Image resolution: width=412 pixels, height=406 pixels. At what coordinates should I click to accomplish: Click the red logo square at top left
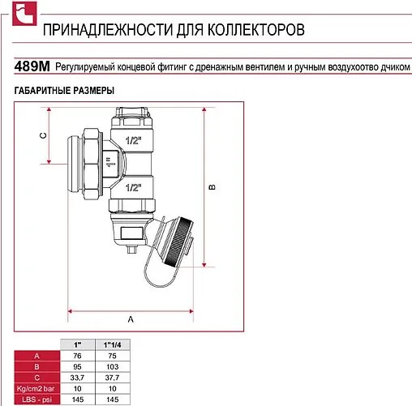[24, 14]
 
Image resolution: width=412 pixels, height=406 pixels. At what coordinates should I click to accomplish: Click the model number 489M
[32, 66]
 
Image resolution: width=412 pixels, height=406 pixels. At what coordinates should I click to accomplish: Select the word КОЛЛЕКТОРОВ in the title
[256, 30]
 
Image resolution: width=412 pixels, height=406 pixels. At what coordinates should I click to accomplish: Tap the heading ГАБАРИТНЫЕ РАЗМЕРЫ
[64, 91]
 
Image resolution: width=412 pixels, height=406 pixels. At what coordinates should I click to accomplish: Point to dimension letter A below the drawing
[131, 319]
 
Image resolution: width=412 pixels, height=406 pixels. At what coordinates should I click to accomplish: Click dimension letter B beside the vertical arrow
[212, 187]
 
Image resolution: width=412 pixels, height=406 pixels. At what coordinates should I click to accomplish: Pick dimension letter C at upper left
[43, 135]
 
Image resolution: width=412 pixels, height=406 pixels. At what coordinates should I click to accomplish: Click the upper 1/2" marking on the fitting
[133, 140]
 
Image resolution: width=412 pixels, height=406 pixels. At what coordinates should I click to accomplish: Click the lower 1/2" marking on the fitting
[133, 187]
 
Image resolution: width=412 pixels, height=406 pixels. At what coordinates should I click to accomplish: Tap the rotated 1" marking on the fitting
[110, 162]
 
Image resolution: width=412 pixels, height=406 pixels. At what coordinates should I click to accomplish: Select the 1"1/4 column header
[113, 345]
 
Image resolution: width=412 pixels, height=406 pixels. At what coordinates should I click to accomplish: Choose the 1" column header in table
[78, 345]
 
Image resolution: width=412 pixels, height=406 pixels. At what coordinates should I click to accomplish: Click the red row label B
[37, 367]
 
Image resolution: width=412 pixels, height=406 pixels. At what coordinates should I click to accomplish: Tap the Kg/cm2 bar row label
[37, 389]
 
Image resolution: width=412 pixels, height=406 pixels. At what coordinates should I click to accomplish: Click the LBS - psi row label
[37, 400]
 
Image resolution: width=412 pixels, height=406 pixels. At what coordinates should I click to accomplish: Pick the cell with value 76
[78, 356]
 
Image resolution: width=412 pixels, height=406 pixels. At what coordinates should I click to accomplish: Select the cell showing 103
[113, 367]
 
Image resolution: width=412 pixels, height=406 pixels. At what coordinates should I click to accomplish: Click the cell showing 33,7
[78, 378]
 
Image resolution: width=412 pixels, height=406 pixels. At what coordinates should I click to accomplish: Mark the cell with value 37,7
[113, 378]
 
